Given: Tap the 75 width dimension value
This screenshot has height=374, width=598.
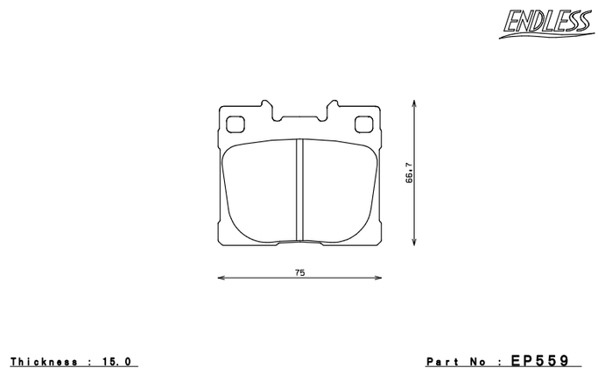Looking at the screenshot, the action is coord(299,272).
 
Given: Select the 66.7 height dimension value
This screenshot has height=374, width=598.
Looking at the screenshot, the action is coord(409,173).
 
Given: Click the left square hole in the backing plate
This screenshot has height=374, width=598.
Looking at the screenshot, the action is coord(236,124).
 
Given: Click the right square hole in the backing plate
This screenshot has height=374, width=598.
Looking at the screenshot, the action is coord(364,124).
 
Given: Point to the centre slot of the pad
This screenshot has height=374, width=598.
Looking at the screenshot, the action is coord(299,190).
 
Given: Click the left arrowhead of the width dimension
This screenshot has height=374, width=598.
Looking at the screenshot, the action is coord(222,278).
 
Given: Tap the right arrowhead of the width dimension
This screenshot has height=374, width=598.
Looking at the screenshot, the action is coord(378,278).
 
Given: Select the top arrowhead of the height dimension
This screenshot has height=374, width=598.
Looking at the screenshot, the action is coord(414,104).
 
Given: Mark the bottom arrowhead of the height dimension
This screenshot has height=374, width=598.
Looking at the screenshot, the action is coord(414,241).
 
